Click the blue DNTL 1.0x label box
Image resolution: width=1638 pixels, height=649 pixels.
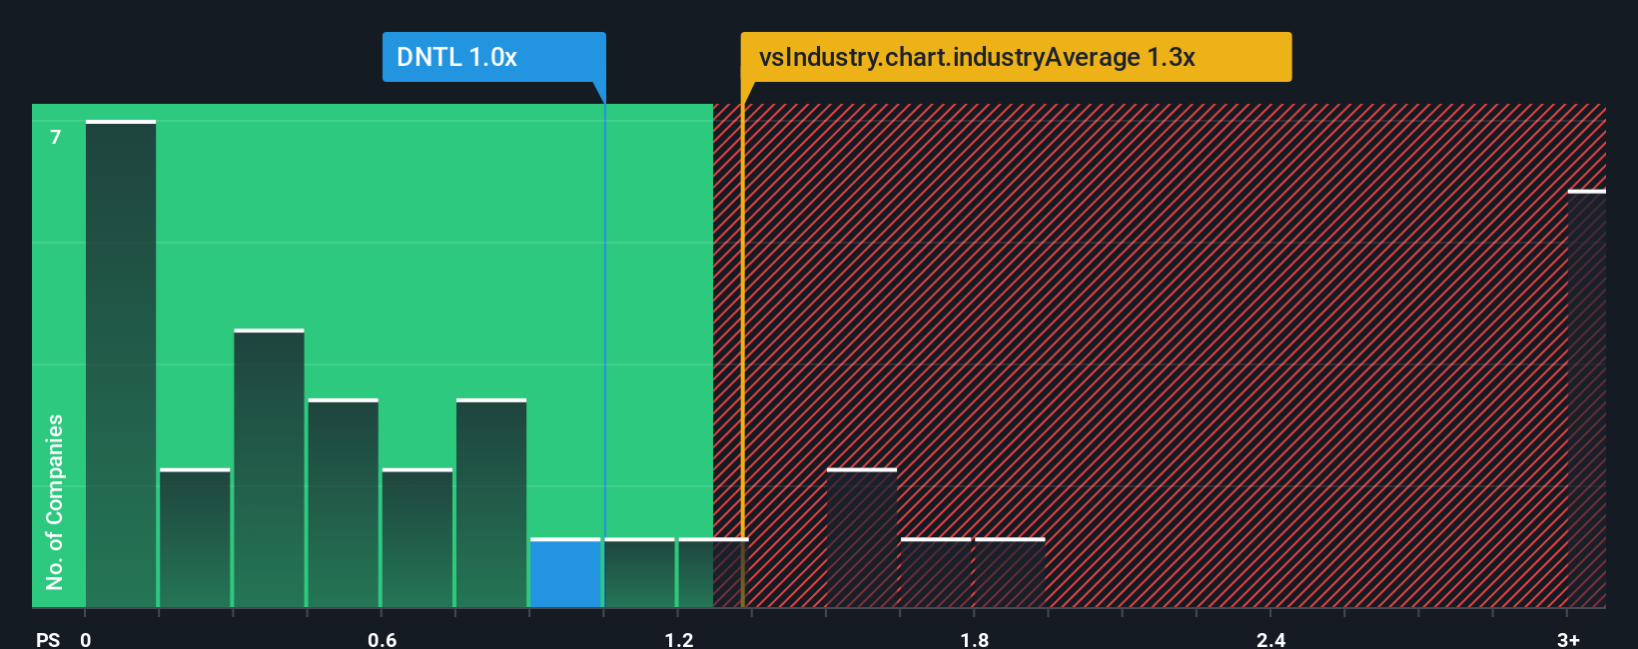[493, 57]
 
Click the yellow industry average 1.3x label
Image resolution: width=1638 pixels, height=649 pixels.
[1015, 57]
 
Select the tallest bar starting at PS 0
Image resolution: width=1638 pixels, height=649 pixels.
[121, 364]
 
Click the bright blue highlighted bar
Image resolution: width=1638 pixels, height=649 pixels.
[565, 573]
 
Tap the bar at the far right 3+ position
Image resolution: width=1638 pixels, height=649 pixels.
[1586, 399]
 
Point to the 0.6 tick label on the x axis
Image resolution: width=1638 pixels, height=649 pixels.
[382, 639]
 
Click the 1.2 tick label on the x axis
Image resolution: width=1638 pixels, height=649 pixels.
[678, 639]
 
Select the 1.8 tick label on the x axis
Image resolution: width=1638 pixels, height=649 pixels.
[975, 639]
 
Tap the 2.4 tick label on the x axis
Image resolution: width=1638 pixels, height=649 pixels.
[1270, 639]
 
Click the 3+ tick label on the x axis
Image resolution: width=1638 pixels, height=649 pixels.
[1568, 639]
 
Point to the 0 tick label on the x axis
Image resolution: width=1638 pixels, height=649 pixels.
[86, 639]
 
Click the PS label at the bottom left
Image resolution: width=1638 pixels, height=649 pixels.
[47, 639]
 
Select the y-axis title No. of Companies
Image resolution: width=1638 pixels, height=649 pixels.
[55, 501]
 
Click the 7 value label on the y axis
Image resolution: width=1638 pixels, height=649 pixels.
[56, 137]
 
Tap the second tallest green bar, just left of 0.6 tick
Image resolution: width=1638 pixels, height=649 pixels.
[269, 469]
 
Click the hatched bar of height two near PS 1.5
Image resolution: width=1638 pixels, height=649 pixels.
[861, 539]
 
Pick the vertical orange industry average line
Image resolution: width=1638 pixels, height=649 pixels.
[742, 349]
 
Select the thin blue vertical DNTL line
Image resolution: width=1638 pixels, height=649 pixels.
[604, 349]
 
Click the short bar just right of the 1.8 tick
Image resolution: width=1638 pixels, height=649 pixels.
[1010, 573]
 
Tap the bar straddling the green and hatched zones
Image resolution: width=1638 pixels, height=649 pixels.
[713, 573]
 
